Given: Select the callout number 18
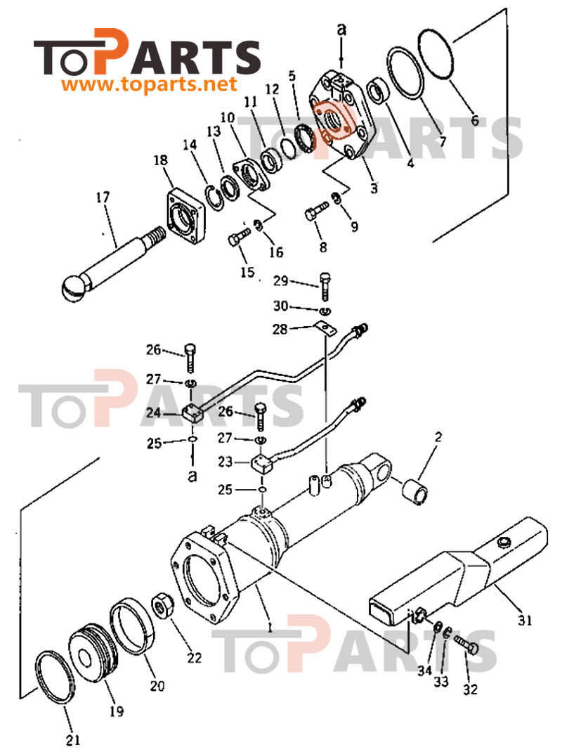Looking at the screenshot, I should pyautogui.click(x=161, y=162).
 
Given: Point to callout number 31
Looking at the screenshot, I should pyautogui.click(x=525, y=621).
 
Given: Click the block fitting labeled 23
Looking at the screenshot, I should pyautogui.click(x=262, y=464).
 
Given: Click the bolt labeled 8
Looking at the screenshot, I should pyautogui.click(x=317, y=209).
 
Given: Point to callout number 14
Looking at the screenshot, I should pyautogui.click(x=190, y=145).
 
